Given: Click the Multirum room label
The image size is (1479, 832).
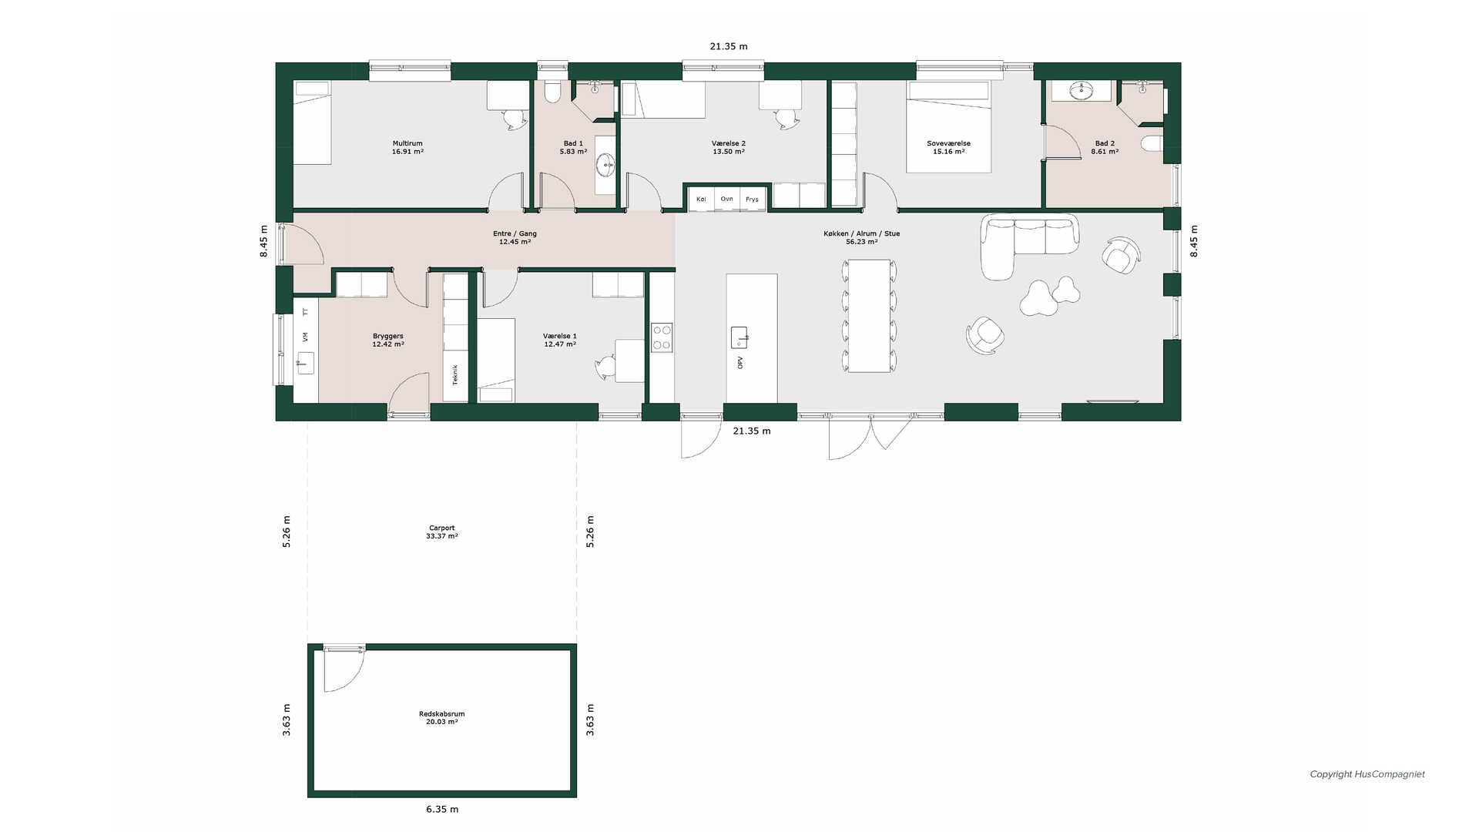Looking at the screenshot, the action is click(x=407, y=143).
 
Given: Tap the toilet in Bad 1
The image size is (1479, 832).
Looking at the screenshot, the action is click(x=552, y=92).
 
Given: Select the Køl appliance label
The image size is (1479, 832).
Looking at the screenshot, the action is click(x=701, y=200).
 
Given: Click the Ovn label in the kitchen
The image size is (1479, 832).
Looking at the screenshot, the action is click(x=726, y=199).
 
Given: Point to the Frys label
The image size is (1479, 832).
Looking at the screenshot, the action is click(x=752, y=200).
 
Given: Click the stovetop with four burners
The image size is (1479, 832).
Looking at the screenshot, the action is click(x=662, y=337).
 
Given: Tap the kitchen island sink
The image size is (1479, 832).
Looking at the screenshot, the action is click(x=739, y=337).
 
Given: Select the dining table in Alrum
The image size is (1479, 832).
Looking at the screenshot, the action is click(x=869, y=316).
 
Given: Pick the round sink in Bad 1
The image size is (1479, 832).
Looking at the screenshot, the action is click(x=606, y=163).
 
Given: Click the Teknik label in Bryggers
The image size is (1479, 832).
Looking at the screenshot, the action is click(x=455, y=374).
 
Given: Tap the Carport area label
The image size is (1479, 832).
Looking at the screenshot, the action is click(x=442, y=528).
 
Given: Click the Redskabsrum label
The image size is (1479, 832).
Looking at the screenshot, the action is click(x=442, y=714).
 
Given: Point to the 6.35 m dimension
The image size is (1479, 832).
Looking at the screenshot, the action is click(x=442, y=809).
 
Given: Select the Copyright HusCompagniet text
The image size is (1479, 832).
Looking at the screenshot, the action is click(x=1367, y=774).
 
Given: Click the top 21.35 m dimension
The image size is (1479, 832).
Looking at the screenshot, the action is click(x=729, y=46).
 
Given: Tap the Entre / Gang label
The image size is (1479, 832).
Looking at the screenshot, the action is click(x=515, y=233).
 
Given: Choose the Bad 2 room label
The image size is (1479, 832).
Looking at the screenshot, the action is click(x=1105, y=143).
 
